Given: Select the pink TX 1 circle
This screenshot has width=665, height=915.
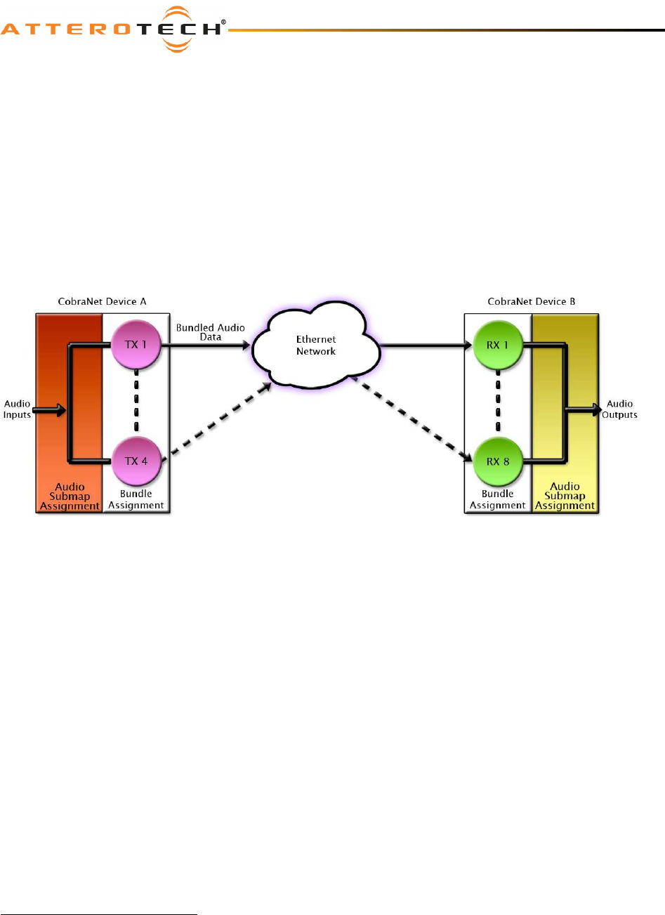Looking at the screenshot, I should (x=136, y=345).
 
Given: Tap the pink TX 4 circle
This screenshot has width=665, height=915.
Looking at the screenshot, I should (x=136, y=461).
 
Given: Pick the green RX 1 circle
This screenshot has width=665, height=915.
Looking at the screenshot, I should (x=497, y=345).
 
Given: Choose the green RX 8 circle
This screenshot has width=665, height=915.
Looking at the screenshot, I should (x=497, y=461).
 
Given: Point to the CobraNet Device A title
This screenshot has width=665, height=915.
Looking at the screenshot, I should (x=102, y=301).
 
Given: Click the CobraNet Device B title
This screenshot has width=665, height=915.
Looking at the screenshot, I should (x=531, y=301).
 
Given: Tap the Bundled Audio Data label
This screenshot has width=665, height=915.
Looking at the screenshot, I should (x=210, y=332).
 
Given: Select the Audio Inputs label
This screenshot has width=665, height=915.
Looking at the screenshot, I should (x=17, y=409).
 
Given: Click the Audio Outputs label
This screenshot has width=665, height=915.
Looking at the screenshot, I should (x=619, y=409).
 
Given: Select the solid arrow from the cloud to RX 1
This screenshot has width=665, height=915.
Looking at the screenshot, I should (x=425, y=345).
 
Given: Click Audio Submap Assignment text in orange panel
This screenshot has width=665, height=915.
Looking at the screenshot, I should (x=70, y=496).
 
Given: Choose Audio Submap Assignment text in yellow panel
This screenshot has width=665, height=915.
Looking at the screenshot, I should (x=565, y=496).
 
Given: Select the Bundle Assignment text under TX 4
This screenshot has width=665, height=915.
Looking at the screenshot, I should (x=136, y=499).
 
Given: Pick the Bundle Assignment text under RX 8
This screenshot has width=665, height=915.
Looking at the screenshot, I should (x=497, y=499).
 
